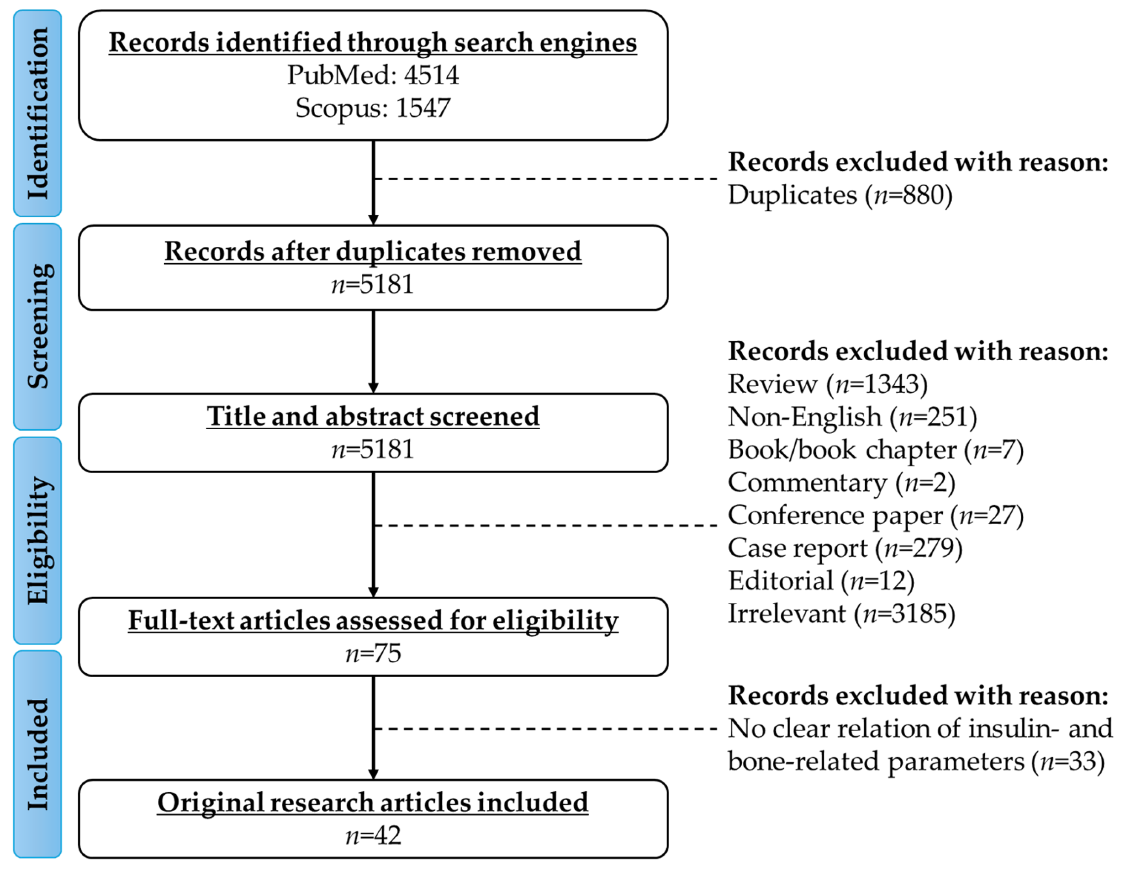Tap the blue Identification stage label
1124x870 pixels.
click(37, 113)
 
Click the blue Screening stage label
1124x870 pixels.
click(37, 326)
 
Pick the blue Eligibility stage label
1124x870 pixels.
click(37, 540)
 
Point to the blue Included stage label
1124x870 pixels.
click(37, 754)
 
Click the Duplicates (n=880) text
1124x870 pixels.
click(840, 195)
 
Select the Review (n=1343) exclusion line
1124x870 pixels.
click(828, 384)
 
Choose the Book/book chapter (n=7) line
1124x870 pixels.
click(875, 450)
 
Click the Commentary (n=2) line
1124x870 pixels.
click(841, 483)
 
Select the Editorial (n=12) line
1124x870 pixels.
click(821, 581)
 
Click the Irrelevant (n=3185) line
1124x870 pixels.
click(841, 614)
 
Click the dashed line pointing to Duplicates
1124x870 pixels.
click(545, 179)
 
